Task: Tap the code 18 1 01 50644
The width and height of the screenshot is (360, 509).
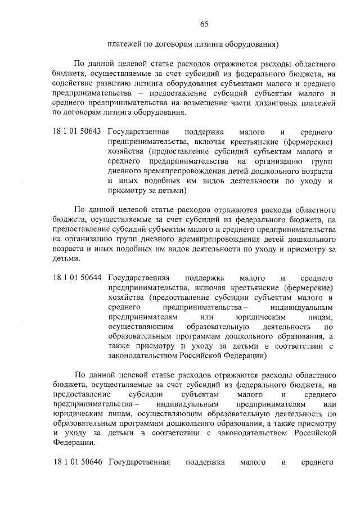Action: point(77,277)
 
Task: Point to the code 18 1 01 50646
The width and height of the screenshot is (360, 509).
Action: point(77,462)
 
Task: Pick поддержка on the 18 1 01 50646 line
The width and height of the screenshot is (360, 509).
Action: point(205,462)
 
